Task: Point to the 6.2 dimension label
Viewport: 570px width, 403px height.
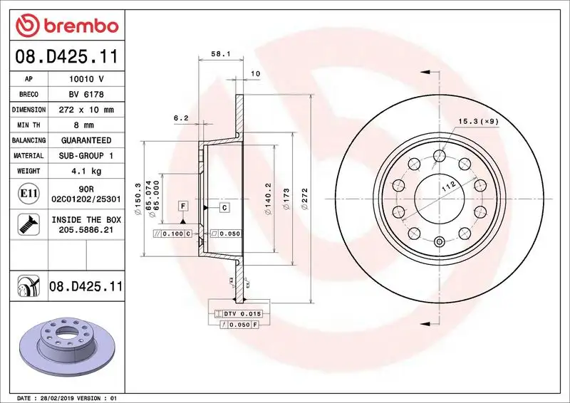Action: click(180, 118)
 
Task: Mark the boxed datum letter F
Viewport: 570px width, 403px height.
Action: click(183, 206)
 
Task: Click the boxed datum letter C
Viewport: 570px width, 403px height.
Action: click(223, 207)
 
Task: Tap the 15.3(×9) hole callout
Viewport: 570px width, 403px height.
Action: click(478, 121)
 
